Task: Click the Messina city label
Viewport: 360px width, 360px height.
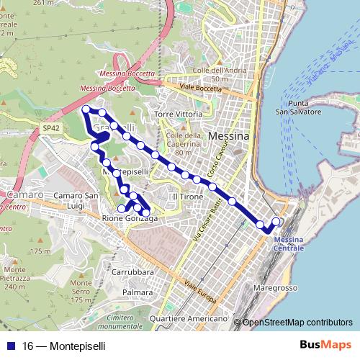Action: [228, 136]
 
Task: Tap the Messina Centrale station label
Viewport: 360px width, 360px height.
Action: [289, 243]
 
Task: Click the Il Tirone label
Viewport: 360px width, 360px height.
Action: [183, 197]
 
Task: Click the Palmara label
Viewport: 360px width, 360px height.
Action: [137, 293]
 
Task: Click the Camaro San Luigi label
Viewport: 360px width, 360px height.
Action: [76, 200]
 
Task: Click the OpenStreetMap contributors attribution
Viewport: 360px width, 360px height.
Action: [297, 322]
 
